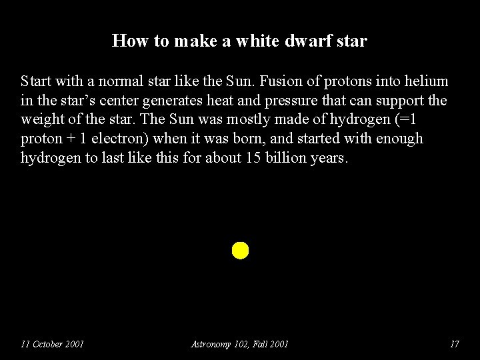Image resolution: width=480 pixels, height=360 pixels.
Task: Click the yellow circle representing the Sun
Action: [x=240, y=251]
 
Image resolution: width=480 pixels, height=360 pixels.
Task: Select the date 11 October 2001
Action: [x=52, y=344]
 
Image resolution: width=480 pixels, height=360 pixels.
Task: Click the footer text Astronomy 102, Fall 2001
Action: [x=239, y=344]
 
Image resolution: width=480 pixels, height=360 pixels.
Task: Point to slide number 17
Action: [x=455, y=344]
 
